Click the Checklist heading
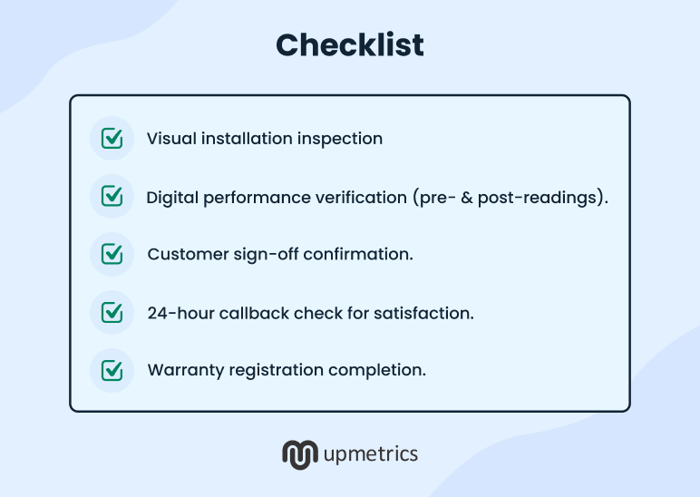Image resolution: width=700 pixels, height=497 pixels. (x=349, y=44)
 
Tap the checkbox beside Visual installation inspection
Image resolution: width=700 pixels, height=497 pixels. (x=112, y=139)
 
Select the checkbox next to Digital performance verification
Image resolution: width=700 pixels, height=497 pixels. (x=112, y=196)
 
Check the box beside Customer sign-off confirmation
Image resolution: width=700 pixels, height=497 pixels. (x=112, y=254)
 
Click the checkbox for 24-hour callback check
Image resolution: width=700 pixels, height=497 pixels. (x=112, y=313)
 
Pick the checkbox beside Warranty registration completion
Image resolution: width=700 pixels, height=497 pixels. (x=112, y=370)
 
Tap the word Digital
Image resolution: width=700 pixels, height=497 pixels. (x=171, y=197)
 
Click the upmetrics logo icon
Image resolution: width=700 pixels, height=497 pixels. (x=298, y=453)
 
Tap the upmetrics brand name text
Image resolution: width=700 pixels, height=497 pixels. (x=370, y=453)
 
